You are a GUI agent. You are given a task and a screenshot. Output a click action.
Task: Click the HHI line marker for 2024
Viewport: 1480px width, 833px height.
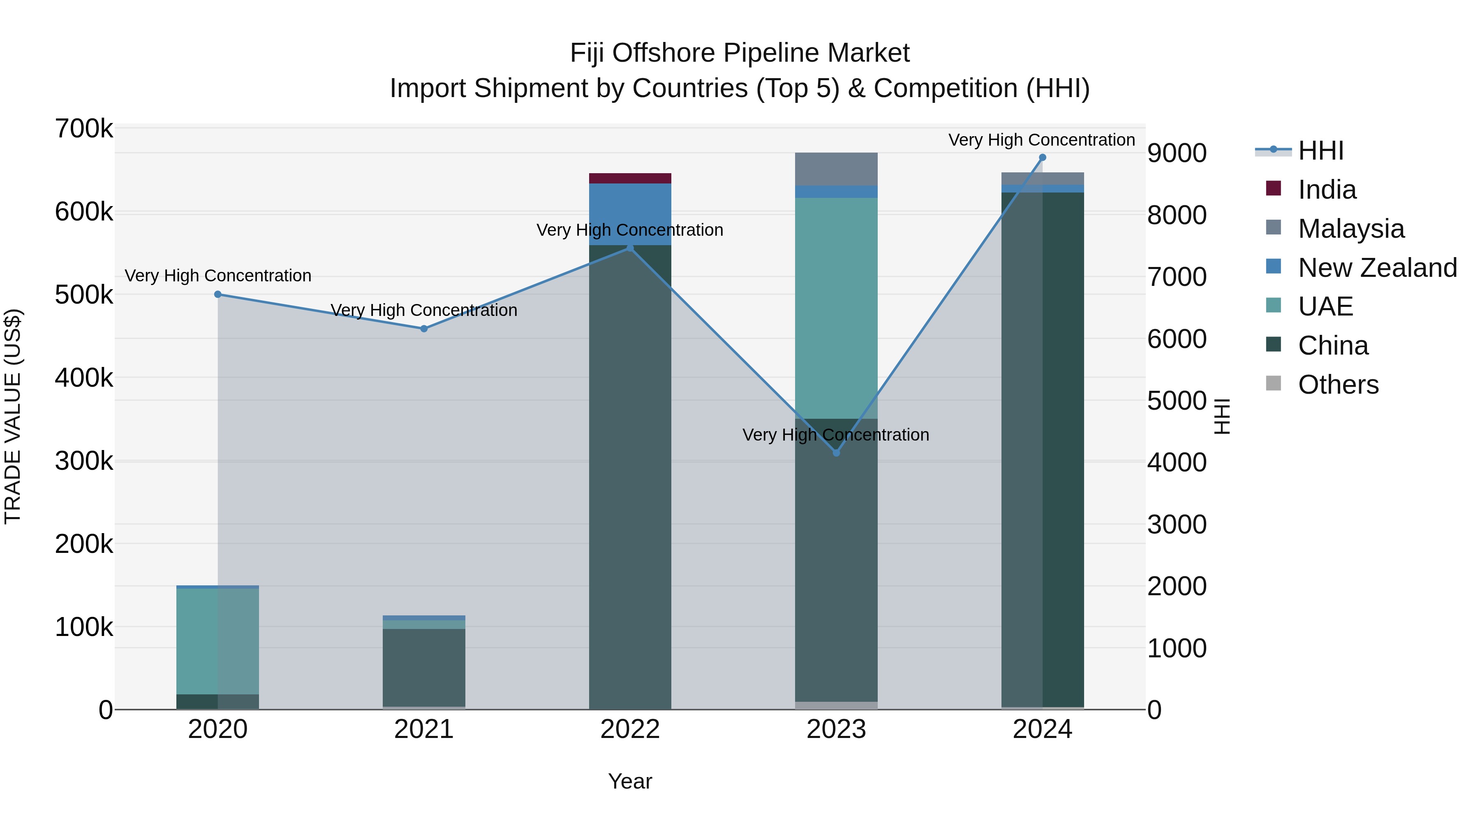1042,158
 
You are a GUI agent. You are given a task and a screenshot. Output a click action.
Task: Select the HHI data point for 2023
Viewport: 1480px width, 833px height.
836,453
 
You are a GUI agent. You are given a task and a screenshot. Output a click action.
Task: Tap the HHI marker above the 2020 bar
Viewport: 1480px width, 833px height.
218,295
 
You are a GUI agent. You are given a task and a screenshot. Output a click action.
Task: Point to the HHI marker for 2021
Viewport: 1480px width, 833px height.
424,329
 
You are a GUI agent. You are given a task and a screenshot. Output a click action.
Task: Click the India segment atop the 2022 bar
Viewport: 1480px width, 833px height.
630,178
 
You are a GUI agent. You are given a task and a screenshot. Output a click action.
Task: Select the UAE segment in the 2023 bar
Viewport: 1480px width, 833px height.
836,308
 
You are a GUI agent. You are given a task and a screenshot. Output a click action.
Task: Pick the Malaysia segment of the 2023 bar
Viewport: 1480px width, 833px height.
836,169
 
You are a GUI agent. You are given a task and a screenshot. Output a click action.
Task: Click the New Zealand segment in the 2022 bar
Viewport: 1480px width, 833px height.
630,207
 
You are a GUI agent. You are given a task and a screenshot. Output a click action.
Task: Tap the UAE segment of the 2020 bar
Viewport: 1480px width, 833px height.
218,641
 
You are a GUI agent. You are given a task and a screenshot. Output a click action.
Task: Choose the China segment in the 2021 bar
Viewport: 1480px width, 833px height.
424,667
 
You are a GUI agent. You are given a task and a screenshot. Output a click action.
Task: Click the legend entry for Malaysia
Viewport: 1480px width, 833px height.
1351,229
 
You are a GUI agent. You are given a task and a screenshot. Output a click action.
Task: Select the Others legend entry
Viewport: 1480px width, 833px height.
1338,385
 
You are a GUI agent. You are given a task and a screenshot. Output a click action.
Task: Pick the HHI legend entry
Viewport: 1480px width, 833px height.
1320,151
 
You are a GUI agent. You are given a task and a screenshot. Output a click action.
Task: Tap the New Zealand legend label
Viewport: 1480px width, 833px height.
1377,268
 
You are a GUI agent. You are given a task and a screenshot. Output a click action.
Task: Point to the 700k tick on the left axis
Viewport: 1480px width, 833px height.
84,129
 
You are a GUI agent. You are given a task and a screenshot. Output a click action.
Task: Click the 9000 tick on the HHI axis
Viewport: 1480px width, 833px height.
1177,153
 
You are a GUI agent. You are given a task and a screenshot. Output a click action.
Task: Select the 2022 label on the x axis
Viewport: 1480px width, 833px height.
630,729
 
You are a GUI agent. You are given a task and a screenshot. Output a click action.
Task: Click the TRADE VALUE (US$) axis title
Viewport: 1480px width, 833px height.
13,416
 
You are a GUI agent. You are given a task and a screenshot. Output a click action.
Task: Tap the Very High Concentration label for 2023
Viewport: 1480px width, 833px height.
835,435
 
